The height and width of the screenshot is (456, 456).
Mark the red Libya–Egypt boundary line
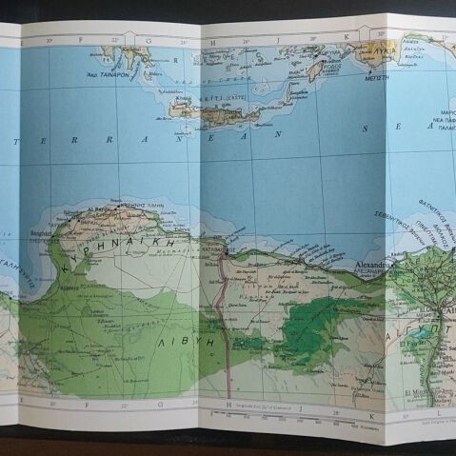(222, 314)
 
